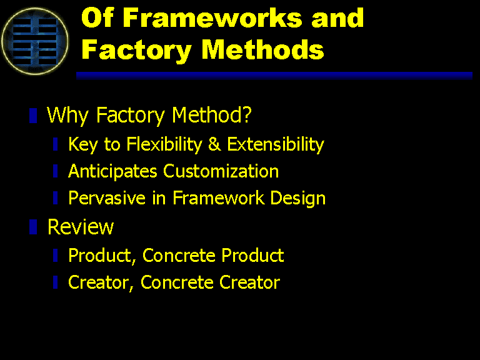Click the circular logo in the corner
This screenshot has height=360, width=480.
(35, 41)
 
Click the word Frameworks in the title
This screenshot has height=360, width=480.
(212, 17)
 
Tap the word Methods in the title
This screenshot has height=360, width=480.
(262, 49)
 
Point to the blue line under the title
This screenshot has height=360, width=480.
(274, 76)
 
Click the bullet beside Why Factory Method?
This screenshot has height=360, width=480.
(33, 116)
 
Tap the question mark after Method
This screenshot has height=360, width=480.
(247, 114)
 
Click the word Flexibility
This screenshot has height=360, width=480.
(164, 144)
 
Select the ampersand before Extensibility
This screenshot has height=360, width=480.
(214, 144)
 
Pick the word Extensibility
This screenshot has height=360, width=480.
(276, 144)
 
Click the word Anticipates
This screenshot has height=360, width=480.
(112, 171)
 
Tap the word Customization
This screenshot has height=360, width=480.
(221, 171)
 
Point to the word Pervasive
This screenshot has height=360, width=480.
(107, 198)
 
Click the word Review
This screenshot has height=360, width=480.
(81, 227)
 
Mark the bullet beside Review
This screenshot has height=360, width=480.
(33, 227)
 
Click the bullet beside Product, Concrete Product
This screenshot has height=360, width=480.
(56, 255)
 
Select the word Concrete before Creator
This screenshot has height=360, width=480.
(177, 282)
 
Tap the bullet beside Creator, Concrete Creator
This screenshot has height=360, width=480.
(56, 282)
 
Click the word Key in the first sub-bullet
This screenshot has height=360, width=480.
(83, 144)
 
